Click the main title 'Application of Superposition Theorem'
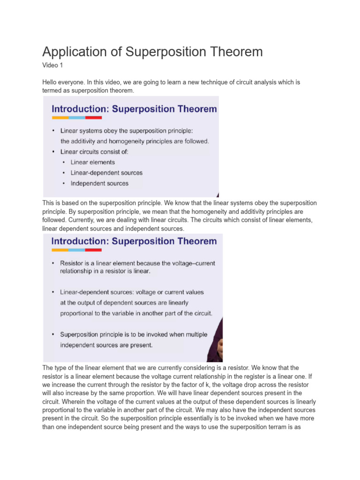[x=152, y=52]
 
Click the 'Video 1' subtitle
[x=52, y=65]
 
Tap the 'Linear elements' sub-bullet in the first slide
[x=92, y=162]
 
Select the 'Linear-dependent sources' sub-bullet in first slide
[x=106, y=173]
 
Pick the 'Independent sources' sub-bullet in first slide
[x=99, y=184]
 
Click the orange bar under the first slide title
[x=60, y=118]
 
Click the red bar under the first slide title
[x=94, y=118]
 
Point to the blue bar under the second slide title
[x=76, y=250]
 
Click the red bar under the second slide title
[x=93, y=250]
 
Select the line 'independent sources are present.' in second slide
[x=106, y=345]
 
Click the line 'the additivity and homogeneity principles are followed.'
[x=135, y=141]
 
